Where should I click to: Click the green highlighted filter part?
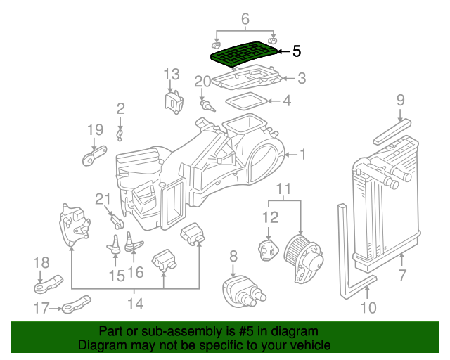coord(243,53)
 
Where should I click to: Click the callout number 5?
coord(296,51)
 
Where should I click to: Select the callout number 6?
coord(245,19)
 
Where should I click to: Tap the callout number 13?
coord(172,74)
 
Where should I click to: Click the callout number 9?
coord(400,100)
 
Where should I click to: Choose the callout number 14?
coord(135,304)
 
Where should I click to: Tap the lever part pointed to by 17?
coord(73,307)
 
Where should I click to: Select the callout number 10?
coord(369,307)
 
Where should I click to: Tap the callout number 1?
coord(303,154)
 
